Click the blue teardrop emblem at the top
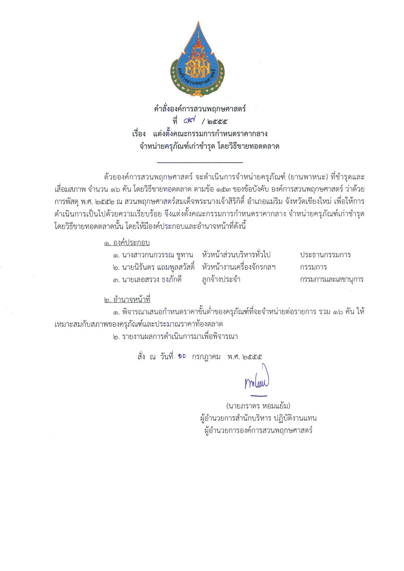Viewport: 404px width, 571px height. pyautogui.click(x=198, y=61)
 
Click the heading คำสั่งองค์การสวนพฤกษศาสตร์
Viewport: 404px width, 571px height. pyautogui.click(x=200, y=109)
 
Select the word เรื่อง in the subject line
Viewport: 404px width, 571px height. pyautogui.click(x=139, y=134)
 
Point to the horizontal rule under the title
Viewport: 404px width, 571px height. pyautogui.click(x=200, y=162)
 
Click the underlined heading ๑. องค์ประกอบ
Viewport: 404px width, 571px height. pyautogui.click(x=127, y=243)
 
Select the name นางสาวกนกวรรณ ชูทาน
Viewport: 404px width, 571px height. pyautogui.click(x=153, y=255)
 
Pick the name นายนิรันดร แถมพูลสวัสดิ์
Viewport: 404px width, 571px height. pyautogui.click(x=154, y=267)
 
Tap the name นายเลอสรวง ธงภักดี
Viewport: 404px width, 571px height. pyautogui.click(x=147, y=279)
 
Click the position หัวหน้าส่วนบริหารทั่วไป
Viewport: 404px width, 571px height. pyautogui.click(x=236, y=255)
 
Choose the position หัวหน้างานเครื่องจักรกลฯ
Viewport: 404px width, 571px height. pyautogui.click(x=239, y=267)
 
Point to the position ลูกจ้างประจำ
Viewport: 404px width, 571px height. pyautogui.click(x=221, y=279)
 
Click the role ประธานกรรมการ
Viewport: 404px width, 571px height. pyautogui.click(x=325, y=255)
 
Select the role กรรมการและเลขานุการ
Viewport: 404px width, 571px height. pyautogui.click(x=332, y=279)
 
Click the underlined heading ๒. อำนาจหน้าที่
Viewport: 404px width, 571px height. pyautogui.click(x=127, y=300)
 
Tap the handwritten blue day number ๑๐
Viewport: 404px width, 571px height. pyautogui.click(x=182, y=356)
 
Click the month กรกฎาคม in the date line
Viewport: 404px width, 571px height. pyautogui.click(x=206, y=357)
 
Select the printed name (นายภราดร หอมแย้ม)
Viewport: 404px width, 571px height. pyautogui.click(x=258, y=406)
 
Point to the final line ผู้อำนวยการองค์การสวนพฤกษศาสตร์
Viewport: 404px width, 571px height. pyautogui.click(x=259, y=430)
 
